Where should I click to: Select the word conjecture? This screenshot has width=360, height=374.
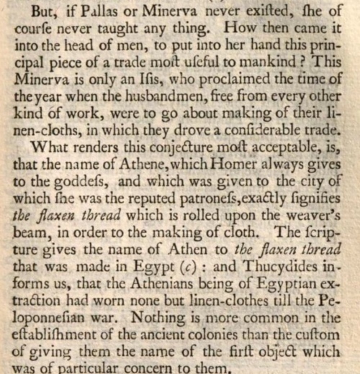tap(138, 152)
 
